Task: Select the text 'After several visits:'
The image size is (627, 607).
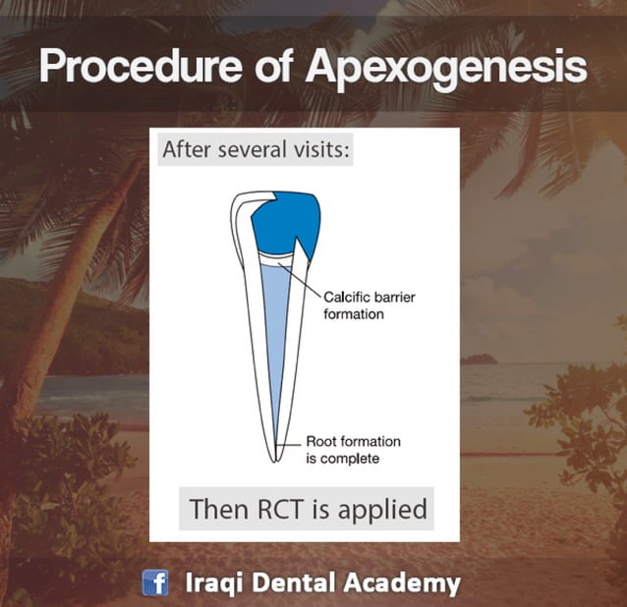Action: click(255, 152)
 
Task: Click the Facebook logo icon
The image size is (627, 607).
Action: click(155, 582)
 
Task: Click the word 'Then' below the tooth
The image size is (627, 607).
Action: click(215, 509)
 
